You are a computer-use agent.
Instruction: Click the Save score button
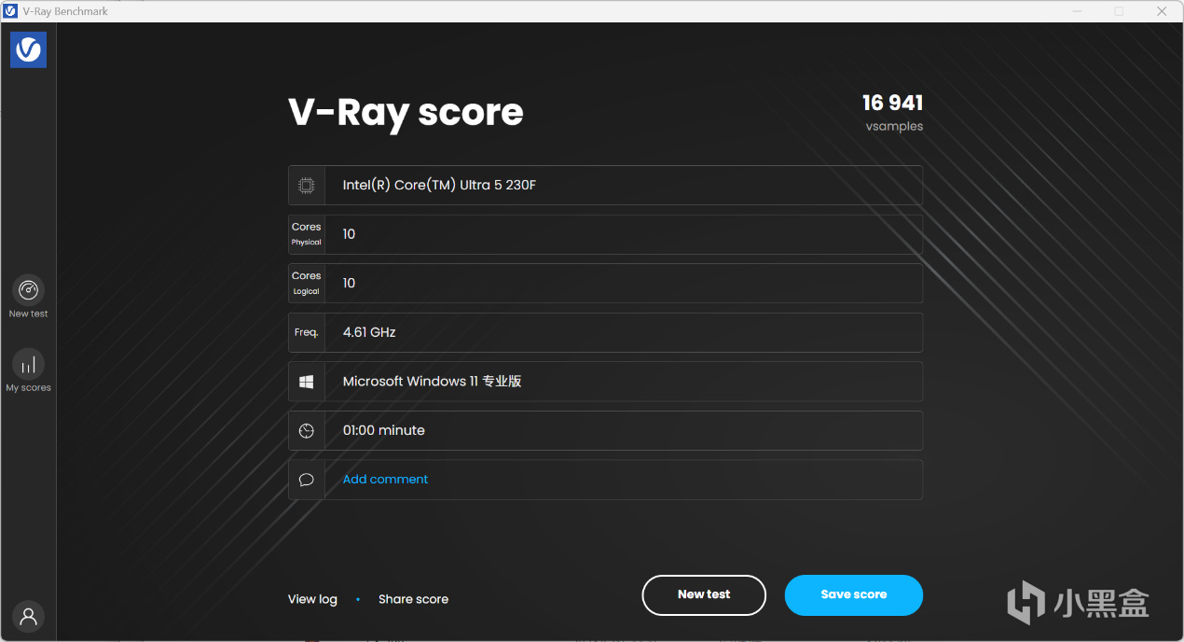point(854,595)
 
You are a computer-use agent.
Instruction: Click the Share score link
point(413,599)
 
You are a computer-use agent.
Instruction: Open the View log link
point(312,599)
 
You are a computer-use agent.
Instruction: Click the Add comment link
point(385,479)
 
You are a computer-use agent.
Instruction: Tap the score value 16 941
point(893,103)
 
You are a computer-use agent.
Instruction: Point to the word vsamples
point(894,127)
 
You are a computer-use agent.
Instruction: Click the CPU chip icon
point(306,186)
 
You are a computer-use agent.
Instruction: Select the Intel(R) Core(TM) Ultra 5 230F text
point(439,185)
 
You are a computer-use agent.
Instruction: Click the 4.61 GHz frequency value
point(369,332)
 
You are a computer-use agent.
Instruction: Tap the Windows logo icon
point(306,382)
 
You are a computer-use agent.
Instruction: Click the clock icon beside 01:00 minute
point(306,431)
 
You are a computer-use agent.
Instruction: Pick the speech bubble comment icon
point(306,480)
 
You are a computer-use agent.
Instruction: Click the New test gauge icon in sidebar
point(29,290)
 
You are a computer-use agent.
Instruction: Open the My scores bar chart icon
point(29,364)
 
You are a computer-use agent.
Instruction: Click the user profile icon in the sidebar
point(29,616)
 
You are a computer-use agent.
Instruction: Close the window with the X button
point(1162,11)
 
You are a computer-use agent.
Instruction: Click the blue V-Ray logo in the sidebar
point(29,49)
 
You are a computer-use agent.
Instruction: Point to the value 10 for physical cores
point(349,234)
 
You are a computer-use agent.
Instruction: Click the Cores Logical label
point(306,283)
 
